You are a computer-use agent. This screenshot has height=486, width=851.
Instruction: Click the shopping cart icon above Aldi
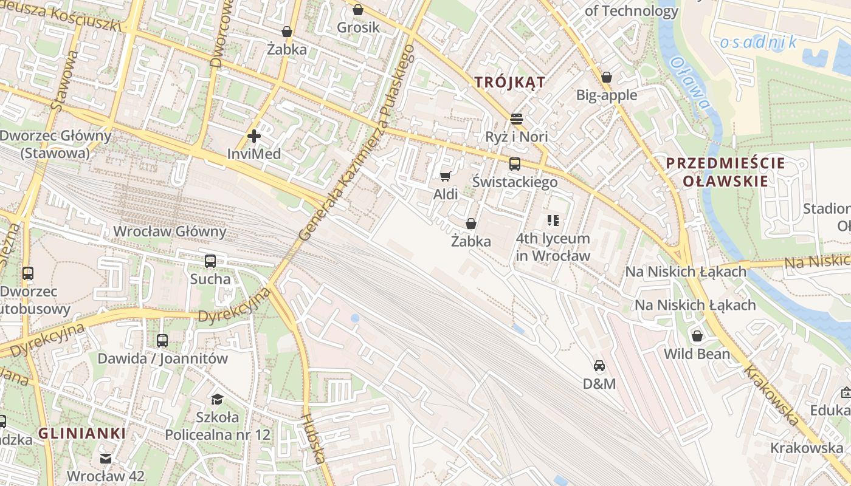445,176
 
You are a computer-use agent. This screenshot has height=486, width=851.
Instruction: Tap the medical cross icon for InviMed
254,136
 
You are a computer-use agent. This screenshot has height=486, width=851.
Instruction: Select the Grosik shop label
358,27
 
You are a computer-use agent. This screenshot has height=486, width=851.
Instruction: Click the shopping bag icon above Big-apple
606,77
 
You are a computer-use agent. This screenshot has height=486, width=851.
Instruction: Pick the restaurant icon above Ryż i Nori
517,118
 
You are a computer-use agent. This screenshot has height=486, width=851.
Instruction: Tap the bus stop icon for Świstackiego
515,163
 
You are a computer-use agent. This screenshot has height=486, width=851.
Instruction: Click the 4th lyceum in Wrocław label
553,247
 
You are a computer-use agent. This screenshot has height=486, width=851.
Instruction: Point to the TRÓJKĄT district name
510,82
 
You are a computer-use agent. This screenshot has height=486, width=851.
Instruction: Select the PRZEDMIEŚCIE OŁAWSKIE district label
725,172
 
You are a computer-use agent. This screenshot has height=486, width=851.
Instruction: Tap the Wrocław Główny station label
170,231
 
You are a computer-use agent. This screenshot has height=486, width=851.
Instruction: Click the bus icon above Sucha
210,261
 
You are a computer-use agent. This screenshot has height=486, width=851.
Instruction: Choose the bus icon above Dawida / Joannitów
162,340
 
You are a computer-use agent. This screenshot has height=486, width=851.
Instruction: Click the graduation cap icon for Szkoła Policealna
217,399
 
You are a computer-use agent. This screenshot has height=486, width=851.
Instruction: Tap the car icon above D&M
599,366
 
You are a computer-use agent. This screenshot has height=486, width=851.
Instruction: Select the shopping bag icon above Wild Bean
697,335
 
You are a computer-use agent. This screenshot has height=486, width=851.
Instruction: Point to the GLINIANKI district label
82,433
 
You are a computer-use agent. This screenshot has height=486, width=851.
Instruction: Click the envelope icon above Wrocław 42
106,458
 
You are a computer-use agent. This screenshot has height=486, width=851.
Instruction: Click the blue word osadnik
758,42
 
